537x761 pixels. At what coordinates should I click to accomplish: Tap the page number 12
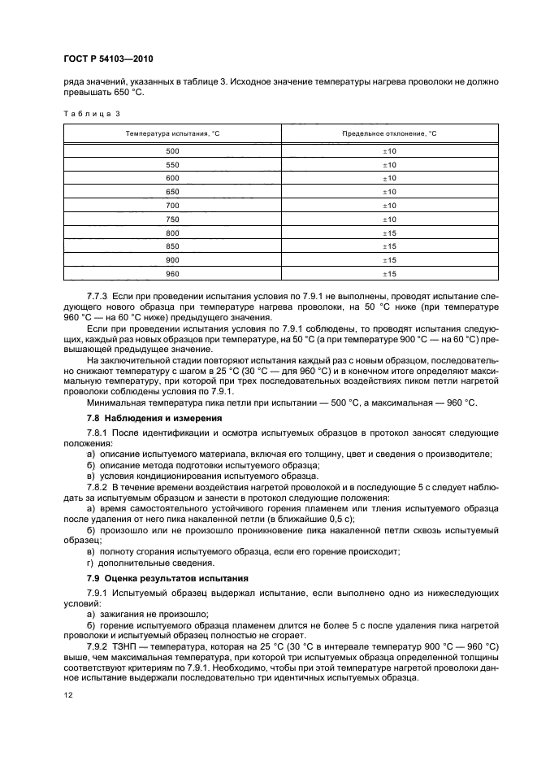(x=67, y=694)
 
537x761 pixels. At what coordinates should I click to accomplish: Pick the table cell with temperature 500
(x=172, y=151)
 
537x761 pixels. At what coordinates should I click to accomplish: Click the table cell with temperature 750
(x=172, y=220)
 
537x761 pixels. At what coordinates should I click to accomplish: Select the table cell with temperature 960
(x=172, y=274)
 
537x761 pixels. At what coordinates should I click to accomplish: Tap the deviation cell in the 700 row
(x=388, y=206)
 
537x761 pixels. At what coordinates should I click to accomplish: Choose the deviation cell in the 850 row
(x=388, y=247)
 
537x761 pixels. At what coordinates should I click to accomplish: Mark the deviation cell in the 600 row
(x=388, y=178)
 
